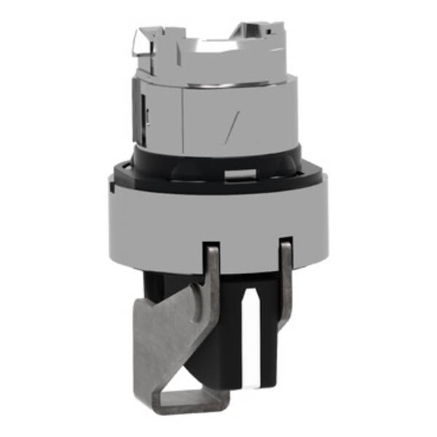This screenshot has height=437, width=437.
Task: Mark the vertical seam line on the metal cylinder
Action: tap(181, 117)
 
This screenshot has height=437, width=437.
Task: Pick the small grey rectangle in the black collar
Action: tap(240, 173)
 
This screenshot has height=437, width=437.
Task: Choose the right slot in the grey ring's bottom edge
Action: tap(286, 245)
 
